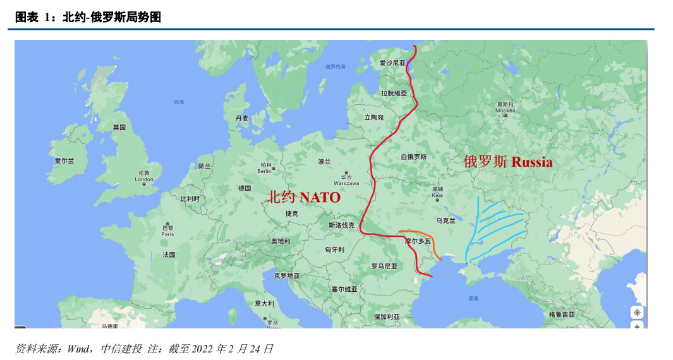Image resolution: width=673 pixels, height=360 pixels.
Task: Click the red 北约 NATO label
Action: (x=304, y=197)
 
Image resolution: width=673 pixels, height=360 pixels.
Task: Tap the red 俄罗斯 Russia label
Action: (x=508, y=162)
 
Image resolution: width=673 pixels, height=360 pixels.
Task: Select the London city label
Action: (x=144, y=179)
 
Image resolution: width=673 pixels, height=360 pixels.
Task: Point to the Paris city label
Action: (x=167, y=234)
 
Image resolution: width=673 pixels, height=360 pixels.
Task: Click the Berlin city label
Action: (x=265, y=171)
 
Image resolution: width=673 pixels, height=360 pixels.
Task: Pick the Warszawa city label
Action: (x=346, y=183)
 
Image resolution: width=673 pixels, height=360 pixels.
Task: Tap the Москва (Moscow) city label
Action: (x=505, y=111)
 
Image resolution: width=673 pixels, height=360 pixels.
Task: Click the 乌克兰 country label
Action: (x=446, y=221)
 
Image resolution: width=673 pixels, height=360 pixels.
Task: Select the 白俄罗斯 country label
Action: (x=414, y=157)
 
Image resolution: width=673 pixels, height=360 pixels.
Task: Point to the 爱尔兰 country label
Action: (x=64, y=161)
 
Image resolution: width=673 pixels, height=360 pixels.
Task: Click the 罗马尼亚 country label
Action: (x=384, y=266)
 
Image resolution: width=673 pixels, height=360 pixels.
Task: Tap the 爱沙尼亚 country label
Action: (x=392, y=63)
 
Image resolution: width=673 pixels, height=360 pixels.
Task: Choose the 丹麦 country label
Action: (x=242, y=118)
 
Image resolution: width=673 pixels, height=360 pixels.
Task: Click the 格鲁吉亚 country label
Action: (x=562, y=314)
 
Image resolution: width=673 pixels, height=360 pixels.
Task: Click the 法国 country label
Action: (x=169, y=255)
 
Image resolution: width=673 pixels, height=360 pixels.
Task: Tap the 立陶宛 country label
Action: (x=374, y=117)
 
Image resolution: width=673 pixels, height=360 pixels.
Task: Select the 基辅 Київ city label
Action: (x=437, y=193)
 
